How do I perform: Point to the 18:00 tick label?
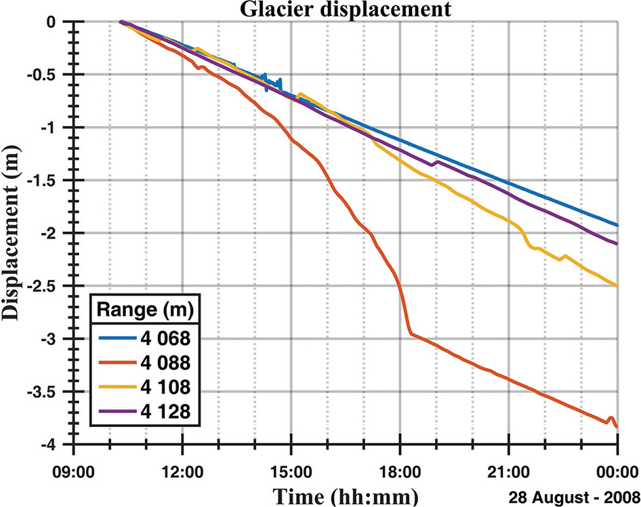click(x=400, y=470)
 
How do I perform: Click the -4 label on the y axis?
click(x=53, y=445)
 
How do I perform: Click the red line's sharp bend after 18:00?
click(x=411, y=332)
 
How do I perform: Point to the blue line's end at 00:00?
click(x=617, y=225)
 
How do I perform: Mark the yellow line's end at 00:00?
click(x=617, y=286)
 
